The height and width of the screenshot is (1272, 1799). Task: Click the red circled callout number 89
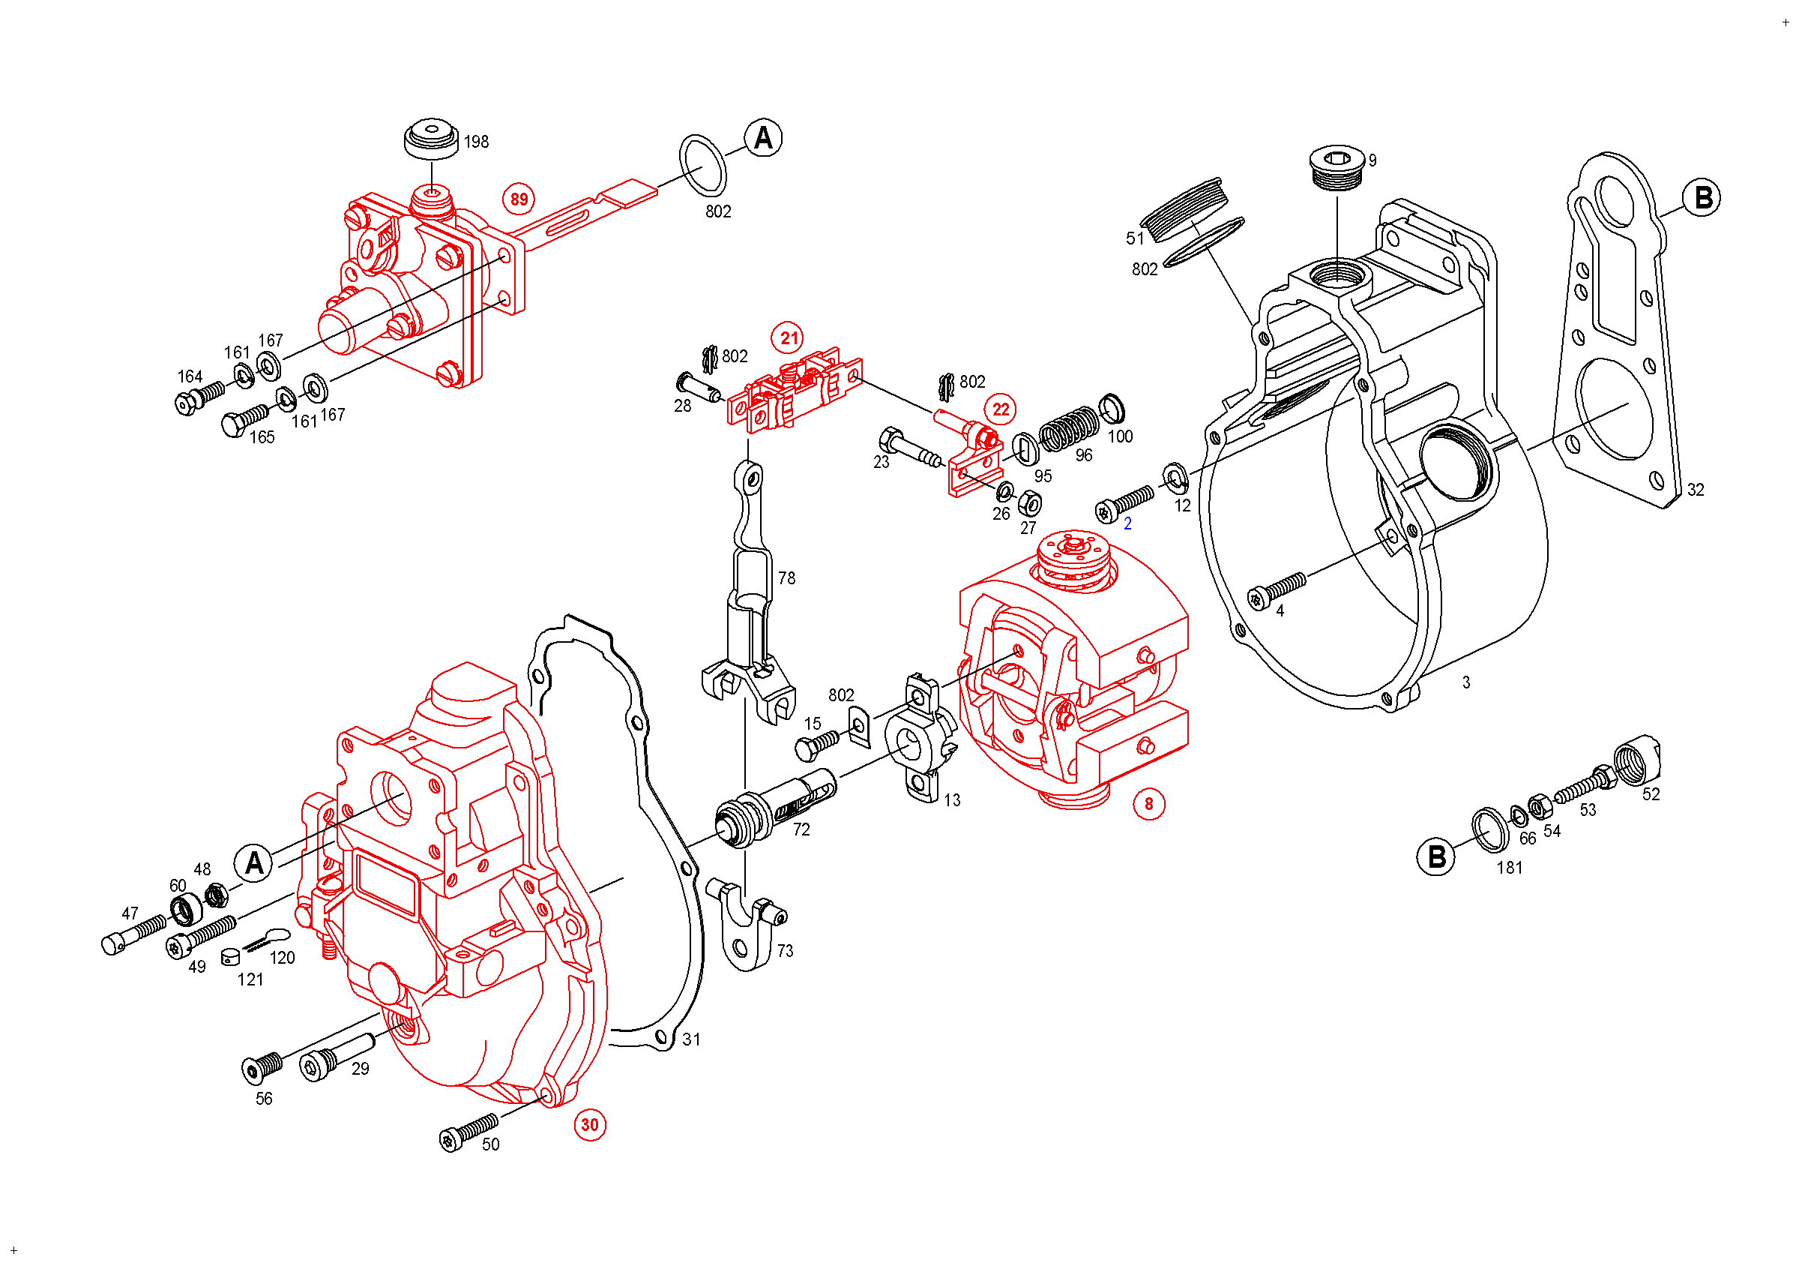519,199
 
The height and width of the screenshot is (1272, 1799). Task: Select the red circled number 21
789,337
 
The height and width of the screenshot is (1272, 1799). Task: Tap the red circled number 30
589,1125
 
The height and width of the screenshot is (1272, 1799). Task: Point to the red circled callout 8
1148,803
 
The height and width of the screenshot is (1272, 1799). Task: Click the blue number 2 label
1127,523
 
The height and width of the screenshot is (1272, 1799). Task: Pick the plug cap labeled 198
431,139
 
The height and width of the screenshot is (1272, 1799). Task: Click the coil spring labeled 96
1070,429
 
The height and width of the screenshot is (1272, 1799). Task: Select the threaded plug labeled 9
1338,167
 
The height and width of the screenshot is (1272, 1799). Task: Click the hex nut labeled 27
1030,502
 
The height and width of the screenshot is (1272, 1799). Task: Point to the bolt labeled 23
911,448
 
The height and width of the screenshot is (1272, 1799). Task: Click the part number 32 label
1696,490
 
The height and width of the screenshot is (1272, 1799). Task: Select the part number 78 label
786,578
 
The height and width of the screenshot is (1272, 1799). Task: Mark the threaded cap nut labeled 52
1638,760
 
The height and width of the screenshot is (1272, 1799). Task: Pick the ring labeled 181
1490,829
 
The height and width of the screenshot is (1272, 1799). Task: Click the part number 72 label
801,830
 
